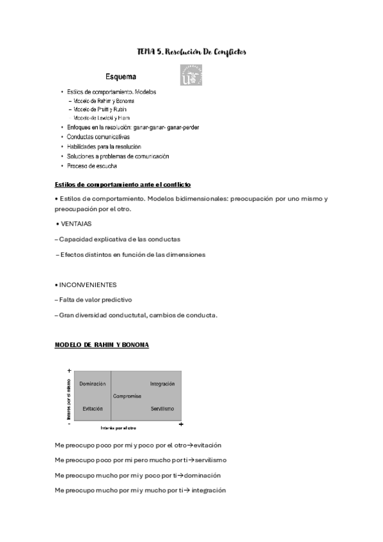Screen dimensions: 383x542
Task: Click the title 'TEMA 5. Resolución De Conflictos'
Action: pyautogui.click(x=192, y=51)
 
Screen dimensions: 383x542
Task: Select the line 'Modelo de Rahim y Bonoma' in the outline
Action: pyautogui.click(x=104, y=101)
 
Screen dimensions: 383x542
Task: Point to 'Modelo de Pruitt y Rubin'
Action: pyautogui.click(x=104, y=109)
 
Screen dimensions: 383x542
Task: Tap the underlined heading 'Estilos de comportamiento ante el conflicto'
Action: pyautogui.click(x=123, y=185)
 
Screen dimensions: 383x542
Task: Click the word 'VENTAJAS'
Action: pyautogui.click(x=76, y=224)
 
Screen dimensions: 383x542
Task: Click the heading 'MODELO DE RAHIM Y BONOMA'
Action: pyautogui.click(x=102, y=345)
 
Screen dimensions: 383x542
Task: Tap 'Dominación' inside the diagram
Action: pyautogui.click(x=92, y=383)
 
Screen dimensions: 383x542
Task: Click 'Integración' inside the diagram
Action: pyautogui.click(x=162, y=383)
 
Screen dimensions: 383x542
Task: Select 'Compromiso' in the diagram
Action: pyautogui.click(x=127, y=396)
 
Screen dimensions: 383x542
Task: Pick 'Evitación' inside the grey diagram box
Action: pyautogui.click(x=92, y=408)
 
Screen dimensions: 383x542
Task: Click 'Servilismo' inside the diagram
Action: pyautogui.click(x=162, y=408)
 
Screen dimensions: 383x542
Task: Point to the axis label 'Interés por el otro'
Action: pyautogui.click(x=118, y=428)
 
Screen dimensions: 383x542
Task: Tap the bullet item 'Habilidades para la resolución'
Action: pyautogui.click(x=99, y=146)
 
